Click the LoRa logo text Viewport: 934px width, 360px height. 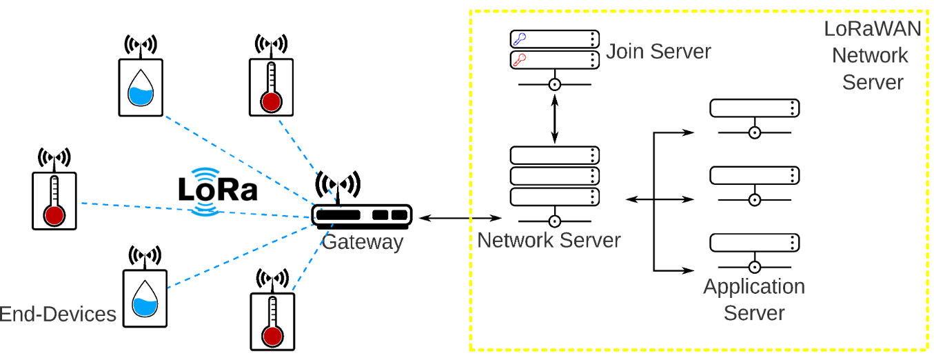[218, 190]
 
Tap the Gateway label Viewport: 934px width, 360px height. [362, 242]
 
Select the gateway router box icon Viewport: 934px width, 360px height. [361, 215]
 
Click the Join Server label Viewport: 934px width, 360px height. [658, 52]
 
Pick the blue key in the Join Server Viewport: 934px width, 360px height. [520, 39]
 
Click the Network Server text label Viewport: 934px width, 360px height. [549, 241]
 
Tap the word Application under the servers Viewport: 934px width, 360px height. [754, 286]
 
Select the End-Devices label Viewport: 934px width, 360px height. [58, 314]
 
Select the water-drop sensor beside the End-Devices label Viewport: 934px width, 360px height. [145, 298]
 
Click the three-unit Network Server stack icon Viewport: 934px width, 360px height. [554, 176]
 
